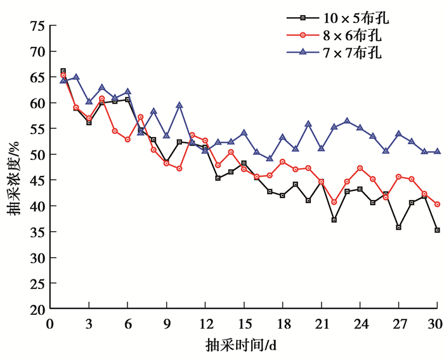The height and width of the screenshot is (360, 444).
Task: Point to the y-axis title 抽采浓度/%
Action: click(14, 168)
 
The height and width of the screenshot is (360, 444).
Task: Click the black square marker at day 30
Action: click(437, 230)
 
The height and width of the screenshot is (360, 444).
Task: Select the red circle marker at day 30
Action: click(437, 204)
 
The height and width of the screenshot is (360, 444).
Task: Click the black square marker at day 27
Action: click(398, 227)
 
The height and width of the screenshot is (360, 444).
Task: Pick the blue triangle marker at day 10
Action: click(180, 105)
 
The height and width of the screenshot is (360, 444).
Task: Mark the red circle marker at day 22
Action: click(334, 202)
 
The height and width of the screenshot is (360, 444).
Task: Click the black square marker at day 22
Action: click(334, 220)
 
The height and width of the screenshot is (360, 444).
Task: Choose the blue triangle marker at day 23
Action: click(347, 121)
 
